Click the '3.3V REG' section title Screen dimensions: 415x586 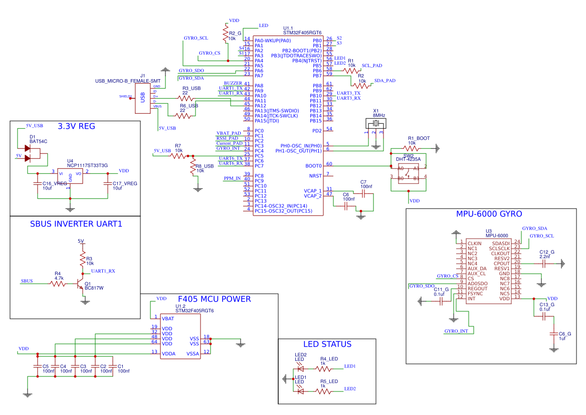[x=76, y=126]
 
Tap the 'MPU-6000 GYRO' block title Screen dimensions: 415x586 [x=489, y=214]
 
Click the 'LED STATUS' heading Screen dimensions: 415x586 [x=327, y=344]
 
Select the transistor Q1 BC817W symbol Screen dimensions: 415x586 [x=80, y=284]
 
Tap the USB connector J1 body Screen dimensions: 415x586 [x=142, y=97]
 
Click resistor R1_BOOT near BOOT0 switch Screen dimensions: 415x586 [x=412, y=148]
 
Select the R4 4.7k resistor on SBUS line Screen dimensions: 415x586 [x=58, y=284]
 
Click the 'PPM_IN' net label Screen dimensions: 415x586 [x=232, y=178]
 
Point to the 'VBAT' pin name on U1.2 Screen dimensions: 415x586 [x=168, y=318]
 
